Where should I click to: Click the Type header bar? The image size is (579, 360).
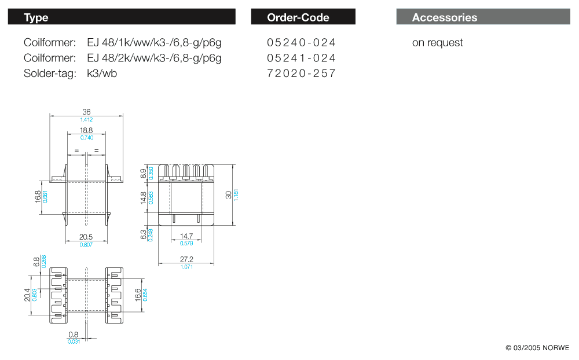point(122,17)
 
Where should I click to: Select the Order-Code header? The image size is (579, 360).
point(303,17)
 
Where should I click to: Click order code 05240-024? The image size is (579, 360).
point(301,43)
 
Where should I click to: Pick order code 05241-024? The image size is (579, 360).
point(301,58)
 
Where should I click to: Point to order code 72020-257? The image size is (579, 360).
point(301,74)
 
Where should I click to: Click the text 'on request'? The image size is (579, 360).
point(437,43)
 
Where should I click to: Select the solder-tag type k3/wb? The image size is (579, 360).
point(102,74)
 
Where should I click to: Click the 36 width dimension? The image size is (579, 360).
point(86,112)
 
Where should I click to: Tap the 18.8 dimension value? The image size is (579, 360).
point(86,131)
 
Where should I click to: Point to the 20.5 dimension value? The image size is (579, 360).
point(86,237)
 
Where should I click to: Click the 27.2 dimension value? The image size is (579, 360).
point(186,260)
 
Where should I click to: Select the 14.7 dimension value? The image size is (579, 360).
point(186,237)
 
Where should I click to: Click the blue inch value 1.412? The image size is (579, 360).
point(86,119)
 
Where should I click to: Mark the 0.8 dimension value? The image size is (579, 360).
point(74,335)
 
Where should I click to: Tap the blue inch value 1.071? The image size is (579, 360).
point(186,267)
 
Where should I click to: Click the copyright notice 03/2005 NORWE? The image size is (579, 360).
point(537,348)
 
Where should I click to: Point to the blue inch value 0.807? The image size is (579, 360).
point(86,244)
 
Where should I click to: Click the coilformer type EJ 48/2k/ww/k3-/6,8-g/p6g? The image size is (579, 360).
point(154,58)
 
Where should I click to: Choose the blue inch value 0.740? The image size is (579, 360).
point(86,138)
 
